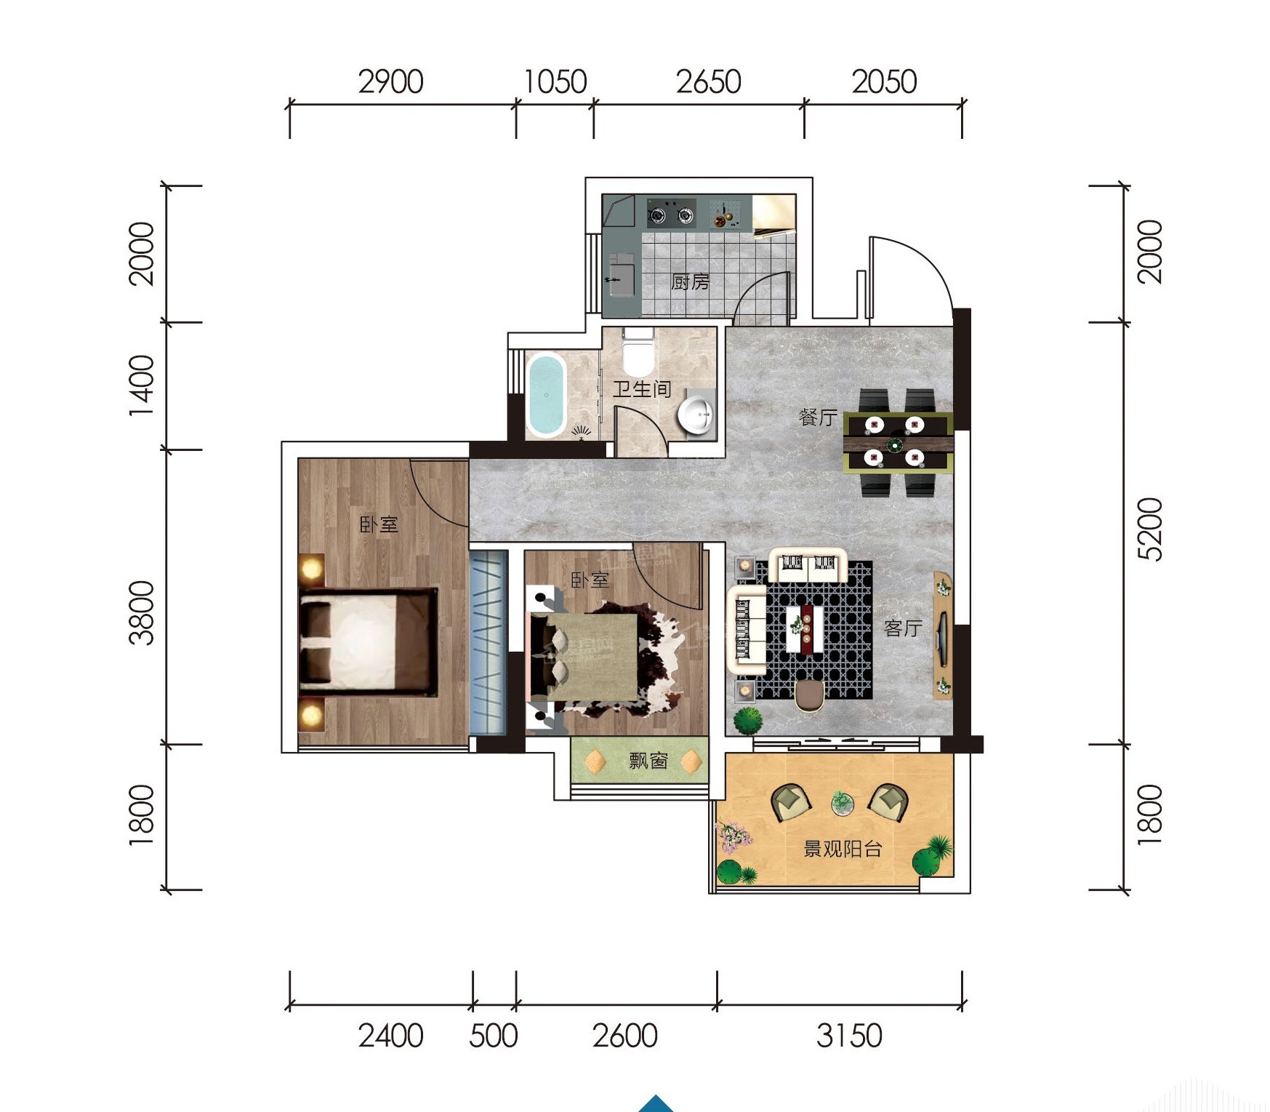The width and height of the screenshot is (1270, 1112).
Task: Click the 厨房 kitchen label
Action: click(689, 281)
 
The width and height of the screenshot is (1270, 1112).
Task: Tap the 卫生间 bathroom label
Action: click(641, 389)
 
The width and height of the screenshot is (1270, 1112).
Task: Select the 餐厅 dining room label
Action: click(818, 417)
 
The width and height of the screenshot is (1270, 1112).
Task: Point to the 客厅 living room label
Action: click(903, 628)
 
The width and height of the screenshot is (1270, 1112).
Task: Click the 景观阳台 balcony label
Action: click(843, 848)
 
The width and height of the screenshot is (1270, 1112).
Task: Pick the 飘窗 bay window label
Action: click(648, 761)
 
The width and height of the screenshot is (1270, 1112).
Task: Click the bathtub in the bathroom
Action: click(546, 395)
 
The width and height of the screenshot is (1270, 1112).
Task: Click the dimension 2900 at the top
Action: click(390, 81)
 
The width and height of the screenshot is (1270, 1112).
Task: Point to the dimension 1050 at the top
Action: click(555, 81)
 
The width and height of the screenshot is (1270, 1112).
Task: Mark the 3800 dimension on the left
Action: click(142, 612)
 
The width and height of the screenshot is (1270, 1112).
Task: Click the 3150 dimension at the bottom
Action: click(849, 1036)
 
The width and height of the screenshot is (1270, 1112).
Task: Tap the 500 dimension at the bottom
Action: click(494, 1036)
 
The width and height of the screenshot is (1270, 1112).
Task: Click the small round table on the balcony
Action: click(843, 802)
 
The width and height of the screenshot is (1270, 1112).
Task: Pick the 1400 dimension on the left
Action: click(142, 386)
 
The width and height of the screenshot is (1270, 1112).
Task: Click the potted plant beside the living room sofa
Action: click(748, 721)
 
